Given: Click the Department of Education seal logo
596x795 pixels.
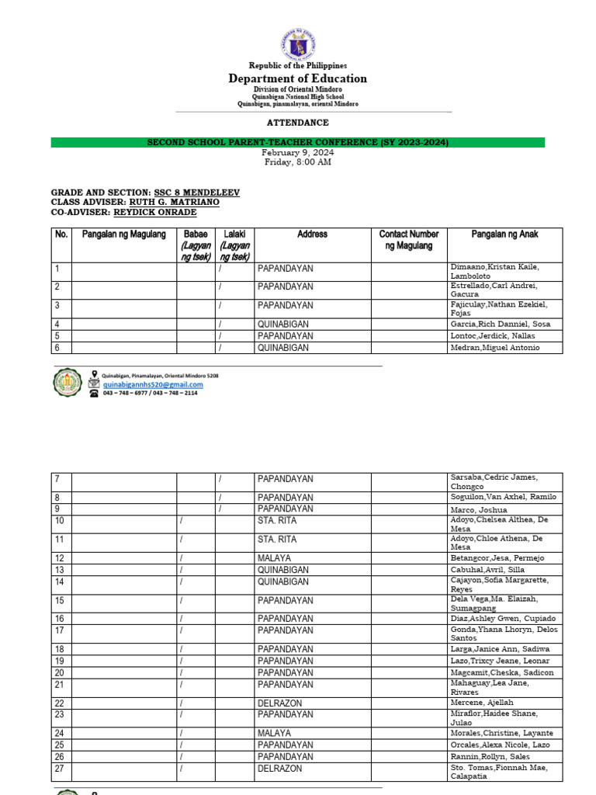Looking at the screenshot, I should pyautogui.click(x=297, y=40).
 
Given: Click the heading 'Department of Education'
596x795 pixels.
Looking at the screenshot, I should pyautogui.click(x=297, y=78).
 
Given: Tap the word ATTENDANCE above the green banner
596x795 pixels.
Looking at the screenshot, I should pyautogui.click(x=297, y=123).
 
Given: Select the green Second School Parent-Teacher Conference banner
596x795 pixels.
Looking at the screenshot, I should pyautogui.click(x=297, y=143).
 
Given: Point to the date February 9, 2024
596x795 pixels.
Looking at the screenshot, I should pyautogui.click(x=297, y=153).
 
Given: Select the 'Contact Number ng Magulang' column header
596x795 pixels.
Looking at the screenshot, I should pyautogui.click(x=408, y=240).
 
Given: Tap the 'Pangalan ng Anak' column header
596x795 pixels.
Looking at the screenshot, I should pyautogui.click(x=504, y=234).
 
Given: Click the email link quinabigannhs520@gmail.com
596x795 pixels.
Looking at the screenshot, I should pyautogui.click(x=153, y=384).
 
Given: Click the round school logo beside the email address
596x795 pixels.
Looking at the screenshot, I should pyautogui.click(x=68, y=383).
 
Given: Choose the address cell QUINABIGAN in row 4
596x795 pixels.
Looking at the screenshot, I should pyautogui.click(x=283, y=325).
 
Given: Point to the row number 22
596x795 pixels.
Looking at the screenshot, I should pyautogui.click(x=60, y=703).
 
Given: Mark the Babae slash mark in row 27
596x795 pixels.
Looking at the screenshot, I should pyautogui.click(x=182, y=769).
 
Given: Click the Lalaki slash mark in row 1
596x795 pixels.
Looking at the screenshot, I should pyautogui.click(x=220, y=269).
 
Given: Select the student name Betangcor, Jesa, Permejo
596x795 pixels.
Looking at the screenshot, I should pyautogui.click(x=497, y=558).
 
